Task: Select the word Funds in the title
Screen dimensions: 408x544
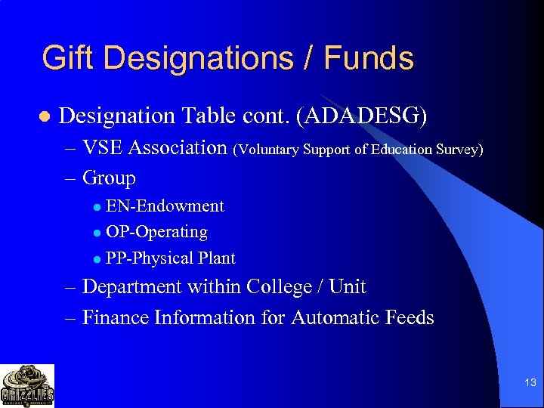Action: (x=371, y=58)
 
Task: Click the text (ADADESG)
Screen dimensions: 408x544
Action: (x=362, y=116)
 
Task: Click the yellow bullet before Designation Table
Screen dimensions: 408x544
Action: (x=44, y=117)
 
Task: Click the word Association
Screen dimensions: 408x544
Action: (x=178, y=147)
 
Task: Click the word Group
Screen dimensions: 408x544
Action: (x=109, y=179)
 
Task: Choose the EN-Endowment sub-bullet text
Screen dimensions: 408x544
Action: (x=165, y=206)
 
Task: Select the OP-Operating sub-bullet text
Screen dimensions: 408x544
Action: (x=156, y=232)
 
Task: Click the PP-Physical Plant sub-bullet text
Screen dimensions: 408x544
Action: (x=171, y=258)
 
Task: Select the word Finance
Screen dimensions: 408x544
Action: (x=116, y=317)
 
